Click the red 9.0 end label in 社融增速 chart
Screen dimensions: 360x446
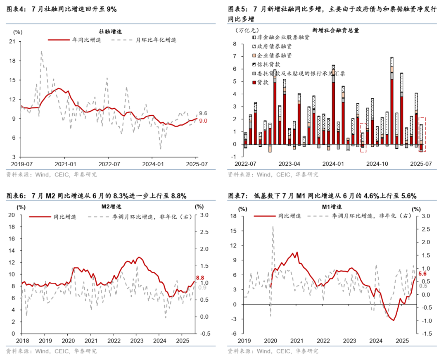click(x=203, y=121)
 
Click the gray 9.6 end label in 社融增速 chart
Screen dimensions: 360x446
click(x=203, y=114)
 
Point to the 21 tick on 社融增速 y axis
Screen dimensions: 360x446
click(x=12, y=42)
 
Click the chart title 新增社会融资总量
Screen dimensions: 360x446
click(x=335, y=30)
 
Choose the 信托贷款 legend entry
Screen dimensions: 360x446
click(x=269, y=64)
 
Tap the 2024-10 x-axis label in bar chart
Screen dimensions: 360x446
click(x=378, y=164)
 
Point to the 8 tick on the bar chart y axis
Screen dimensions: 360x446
click(x=234, y=44)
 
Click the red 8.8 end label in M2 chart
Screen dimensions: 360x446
click(x=200, y=278)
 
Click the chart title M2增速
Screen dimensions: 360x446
click(x=111, y=206)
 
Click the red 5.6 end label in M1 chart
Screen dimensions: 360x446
click(x=422, y=274)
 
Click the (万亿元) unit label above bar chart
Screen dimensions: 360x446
click(x=247, y=30)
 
